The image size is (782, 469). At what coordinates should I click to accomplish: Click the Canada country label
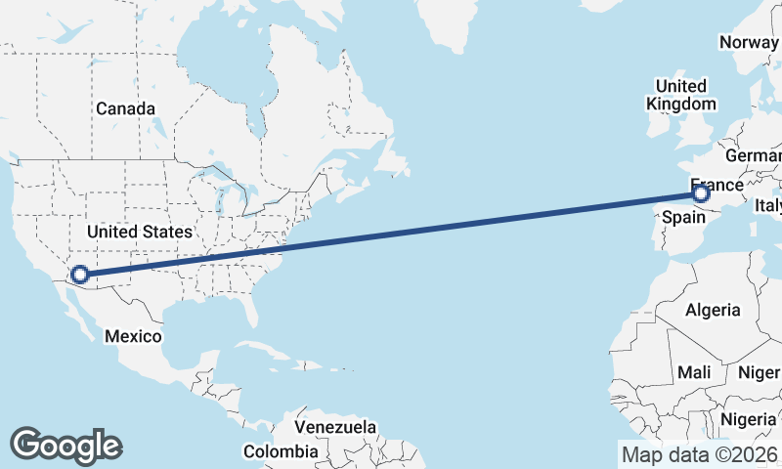tap(125, 108)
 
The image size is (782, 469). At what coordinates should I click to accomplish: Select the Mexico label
tap(133, 336)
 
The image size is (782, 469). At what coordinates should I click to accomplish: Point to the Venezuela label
tap(335, 427)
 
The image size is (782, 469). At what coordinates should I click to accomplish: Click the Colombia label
tap(281, 451)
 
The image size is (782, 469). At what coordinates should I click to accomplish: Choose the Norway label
tap(749, 42)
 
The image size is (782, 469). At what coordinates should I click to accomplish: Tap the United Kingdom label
tap(681, 95)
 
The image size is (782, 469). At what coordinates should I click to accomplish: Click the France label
tap(717, 185)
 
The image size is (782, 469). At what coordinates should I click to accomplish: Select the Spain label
tap(683, 215)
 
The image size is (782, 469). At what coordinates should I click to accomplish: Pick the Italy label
tap(767, 206)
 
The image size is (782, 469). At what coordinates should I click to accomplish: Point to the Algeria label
tap(713, 310)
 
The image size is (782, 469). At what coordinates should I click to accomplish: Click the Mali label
tap(694, 372)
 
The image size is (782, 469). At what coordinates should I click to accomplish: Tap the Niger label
tap(759, 372)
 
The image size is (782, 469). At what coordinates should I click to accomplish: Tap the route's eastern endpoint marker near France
tap(700, 193)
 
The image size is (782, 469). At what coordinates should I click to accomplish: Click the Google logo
tap(66, 445)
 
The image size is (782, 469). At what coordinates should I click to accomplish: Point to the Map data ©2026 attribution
tap(700, 454)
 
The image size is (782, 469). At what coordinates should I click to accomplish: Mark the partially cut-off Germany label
tap(754, 156)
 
